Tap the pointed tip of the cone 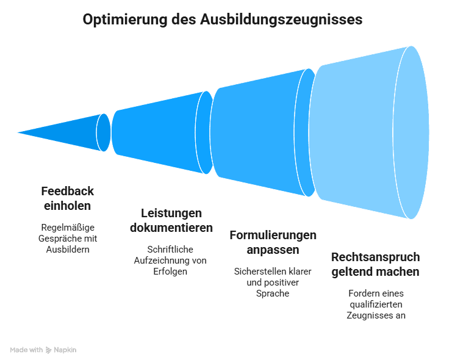coord(17,131)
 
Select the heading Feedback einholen coord(67,198)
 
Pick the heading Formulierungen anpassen coord(273,242)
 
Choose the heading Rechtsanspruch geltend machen coord(375,264)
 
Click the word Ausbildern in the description coord(68,250)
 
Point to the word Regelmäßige coord(67,228)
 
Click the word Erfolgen coord(170,271)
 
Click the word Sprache coord(273,293)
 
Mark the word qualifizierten coord(376,304)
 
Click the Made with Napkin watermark coord(43,350)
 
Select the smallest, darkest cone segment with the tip coord(67,131)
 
